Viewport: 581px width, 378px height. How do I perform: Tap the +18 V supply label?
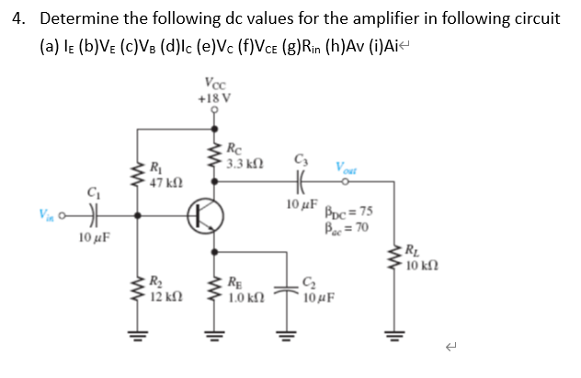click(x=214, y=97)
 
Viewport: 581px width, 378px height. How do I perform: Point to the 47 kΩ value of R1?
click(x=164, y=181)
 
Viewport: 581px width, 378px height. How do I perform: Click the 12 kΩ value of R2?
click(x=164, y=297)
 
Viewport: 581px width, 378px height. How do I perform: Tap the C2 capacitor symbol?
click(x=292, y=281)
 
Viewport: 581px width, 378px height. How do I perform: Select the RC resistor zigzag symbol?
click(x=216, y=156)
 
